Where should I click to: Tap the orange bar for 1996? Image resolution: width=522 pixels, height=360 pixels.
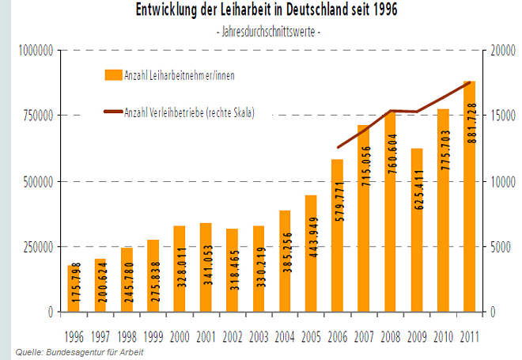(74, 289)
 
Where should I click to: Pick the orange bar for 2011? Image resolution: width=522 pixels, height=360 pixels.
(470, 198)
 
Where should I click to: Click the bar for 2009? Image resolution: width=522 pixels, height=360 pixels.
(418, 229)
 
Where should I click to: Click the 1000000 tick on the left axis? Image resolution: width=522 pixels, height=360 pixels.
(31, 51)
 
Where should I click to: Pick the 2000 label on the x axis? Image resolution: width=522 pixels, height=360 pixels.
(179, 336)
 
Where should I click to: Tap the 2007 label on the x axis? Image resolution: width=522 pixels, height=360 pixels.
(364, 336)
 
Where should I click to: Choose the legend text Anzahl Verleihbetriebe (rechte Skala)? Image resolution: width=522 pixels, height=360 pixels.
(189, 112)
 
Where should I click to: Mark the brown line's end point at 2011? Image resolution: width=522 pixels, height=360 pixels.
(470, 82)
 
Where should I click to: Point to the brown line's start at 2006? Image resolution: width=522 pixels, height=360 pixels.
(338, 148)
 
